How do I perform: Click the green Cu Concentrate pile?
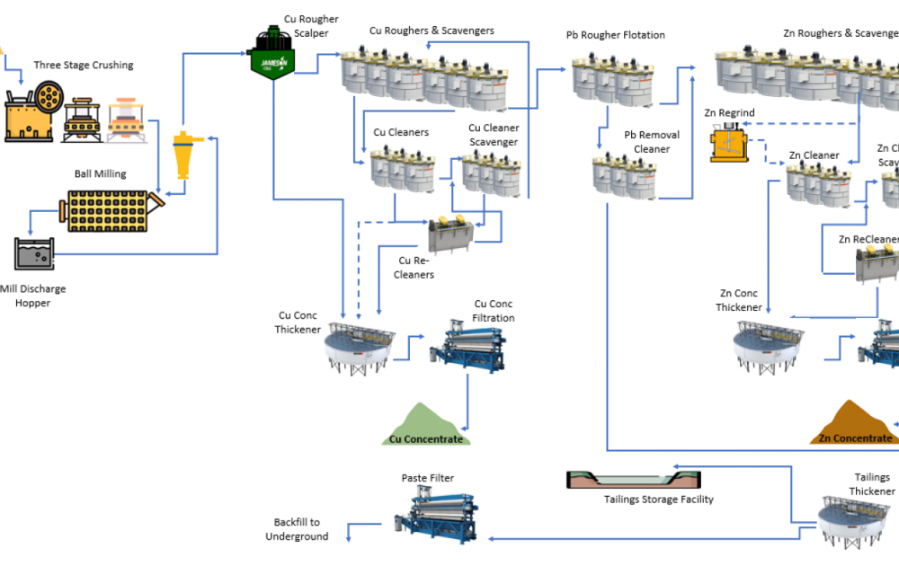[x=425, y=425]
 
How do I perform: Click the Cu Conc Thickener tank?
[x=360, y=348]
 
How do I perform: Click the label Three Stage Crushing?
[x=84, y=65]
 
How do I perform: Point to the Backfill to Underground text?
[x=297, y=529]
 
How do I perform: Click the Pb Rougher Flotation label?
[x=615, y=35]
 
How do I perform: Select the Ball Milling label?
[x=100, y=174]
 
